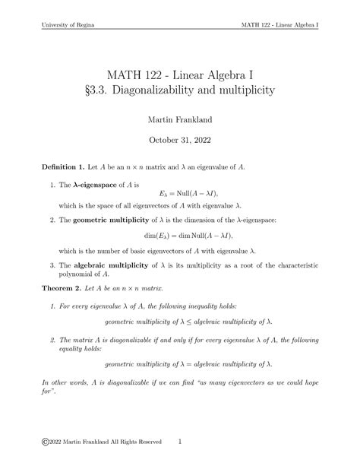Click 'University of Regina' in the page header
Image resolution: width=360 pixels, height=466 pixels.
pyautogui.click(x=64, y=24)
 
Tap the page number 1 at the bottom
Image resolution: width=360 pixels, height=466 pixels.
pyautogui.click(x=179, y=440)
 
